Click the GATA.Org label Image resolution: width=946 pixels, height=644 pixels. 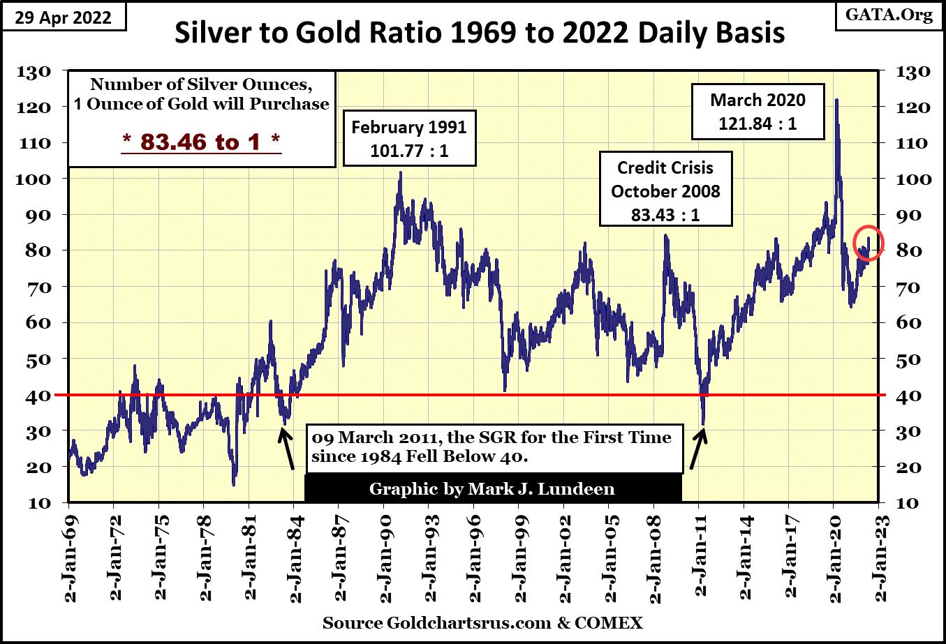coord(889,15)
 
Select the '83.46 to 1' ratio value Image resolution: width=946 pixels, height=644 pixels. coord(202,142)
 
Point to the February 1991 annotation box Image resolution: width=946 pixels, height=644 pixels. coord(409,137)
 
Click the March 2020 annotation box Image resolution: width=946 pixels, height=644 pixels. coord(757,112)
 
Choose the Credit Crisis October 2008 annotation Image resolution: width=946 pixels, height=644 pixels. coord(665,190)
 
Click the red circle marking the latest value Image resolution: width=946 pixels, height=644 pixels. coord(869,244)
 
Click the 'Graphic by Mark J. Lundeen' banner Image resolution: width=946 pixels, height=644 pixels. coord(492,488)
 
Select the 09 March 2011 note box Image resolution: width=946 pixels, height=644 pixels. coord(492,447)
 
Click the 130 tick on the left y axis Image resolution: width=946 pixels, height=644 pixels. coord(33,71)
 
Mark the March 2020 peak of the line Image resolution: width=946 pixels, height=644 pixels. coord(836,100)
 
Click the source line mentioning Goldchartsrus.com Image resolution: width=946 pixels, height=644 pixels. coord(482,623)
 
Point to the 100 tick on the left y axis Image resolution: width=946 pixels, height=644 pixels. coord(33,179)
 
